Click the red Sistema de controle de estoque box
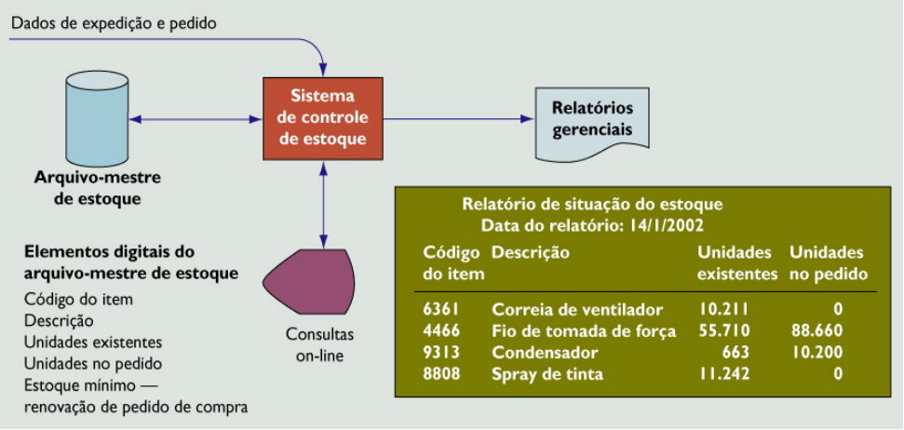coord(322,118)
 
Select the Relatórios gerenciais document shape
coord(592,120)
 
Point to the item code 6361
coord(440,308)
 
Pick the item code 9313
coord(440,353)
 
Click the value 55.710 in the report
coord(723,330)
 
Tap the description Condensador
coord(545,353)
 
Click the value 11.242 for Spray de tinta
coord(723,375)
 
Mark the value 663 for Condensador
coord(735,353)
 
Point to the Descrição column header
coord(530,252)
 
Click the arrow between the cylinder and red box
coord(196,119)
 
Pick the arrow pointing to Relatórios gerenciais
coord(456,119)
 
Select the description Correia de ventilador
coord(576,308)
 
